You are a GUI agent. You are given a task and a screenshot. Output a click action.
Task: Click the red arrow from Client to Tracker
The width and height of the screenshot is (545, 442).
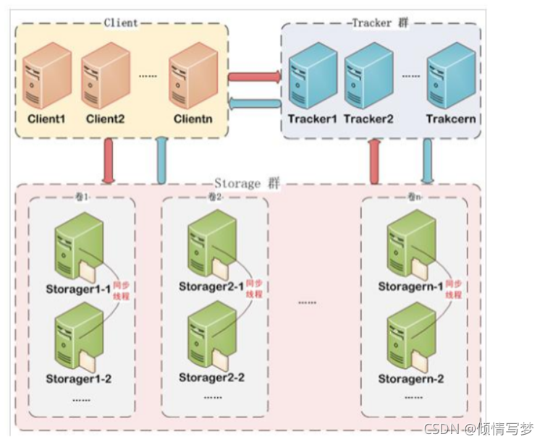(x=254, y=75)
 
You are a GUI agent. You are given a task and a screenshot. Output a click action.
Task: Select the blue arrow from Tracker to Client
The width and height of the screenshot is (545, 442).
(x=254, y=104)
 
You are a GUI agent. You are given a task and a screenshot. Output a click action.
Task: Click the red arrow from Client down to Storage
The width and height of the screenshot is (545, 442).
(x=109, y=160)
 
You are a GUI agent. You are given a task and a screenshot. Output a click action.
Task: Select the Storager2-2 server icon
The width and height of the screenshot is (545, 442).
(x=206, y=339)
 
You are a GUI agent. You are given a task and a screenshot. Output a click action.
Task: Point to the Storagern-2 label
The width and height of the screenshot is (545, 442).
(x=411, y=378)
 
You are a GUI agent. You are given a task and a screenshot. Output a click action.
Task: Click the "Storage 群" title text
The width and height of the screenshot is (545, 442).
(x=248, y=184)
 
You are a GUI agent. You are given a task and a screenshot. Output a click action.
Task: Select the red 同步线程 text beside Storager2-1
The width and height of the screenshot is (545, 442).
(x=253, y=289)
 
